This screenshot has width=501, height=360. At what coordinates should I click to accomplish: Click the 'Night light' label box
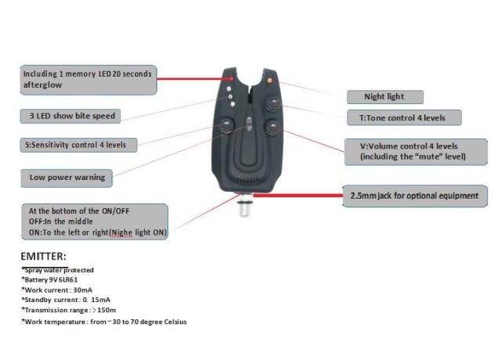coord(385,97)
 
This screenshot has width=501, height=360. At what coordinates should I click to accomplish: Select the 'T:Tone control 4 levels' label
coord(404,117)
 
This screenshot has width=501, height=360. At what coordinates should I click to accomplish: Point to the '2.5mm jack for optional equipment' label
coord(416,195)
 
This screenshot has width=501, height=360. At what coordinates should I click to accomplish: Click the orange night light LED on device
coord(269,80)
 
